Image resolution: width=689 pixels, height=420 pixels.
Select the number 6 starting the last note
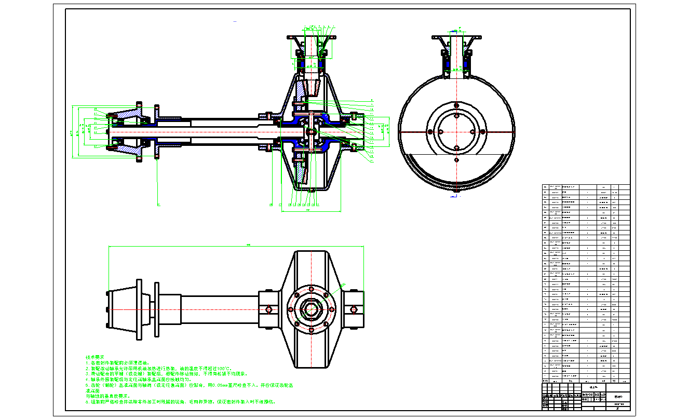pos(87,402)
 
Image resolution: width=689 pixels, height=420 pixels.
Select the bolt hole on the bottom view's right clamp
pos(355,310)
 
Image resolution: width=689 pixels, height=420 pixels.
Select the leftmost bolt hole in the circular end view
pos(430,132)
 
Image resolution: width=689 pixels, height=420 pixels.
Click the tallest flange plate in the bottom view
pos(139,310)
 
